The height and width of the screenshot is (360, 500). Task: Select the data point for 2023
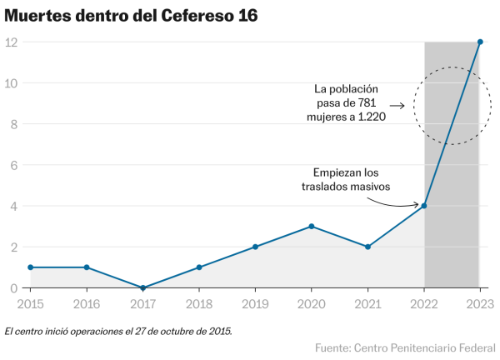coord(480,42)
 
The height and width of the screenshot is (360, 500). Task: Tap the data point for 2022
coord(424,206)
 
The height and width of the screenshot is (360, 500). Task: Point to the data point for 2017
coord(142,287)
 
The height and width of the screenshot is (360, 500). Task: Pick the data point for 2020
coord(312,226)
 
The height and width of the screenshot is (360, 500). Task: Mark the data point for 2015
coord(30,267)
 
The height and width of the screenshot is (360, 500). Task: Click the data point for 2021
coord(367,247)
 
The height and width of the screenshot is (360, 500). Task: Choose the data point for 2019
coord(255,247)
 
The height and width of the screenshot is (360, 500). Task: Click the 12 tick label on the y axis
coord(12,42)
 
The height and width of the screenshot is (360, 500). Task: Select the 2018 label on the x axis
coord(198,304)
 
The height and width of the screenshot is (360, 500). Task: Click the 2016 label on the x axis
coord(86,304)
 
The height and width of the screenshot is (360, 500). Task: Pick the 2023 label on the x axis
coord(479,304)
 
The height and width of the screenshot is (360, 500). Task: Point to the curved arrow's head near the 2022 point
coord(417,205)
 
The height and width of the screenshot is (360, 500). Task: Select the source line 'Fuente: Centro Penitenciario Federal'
coord(405,347)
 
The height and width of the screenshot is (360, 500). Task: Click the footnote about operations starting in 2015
coord(118,331)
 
